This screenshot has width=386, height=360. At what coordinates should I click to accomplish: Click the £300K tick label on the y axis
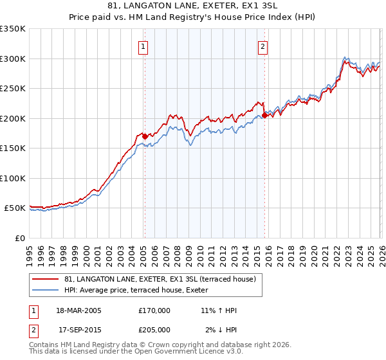(x=13, y=59)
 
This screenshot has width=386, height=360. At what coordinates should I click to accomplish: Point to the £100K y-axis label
(x=13, y=178)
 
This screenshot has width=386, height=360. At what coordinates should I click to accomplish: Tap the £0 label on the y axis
(x=19, y=238)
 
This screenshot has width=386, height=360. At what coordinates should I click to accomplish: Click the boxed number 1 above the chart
(x=142, y=46)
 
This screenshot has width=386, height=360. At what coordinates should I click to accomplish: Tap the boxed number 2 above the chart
(x=263, y=46)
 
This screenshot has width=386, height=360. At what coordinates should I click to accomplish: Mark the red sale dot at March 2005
(x=145, y=136)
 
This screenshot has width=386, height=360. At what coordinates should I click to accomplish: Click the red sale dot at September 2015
(x=265, y=116)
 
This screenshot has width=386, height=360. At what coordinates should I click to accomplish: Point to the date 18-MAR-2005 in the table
(x=79, y=310)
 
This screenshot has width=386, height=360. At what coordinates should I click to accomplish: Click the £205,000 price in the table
(x=154, y=330)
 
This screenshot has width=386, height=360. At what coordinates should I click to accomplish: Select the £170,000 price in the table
(x=154, y=310)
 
